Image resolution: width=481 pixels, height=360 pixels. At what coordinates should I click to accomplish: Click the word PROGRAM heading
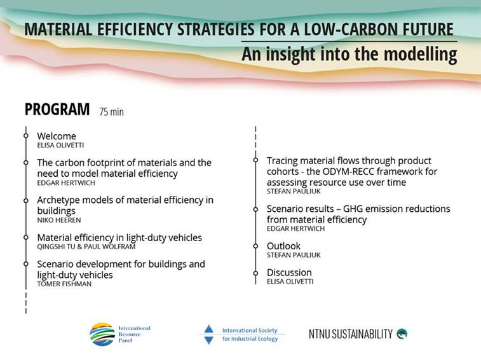pos(57,109)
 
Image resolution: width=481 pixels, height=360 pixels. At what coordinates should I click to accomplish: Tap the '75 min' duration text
pos(111,112)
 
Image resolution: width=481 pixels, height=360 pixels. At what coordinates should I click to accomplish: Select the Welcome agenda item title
pos(56,136)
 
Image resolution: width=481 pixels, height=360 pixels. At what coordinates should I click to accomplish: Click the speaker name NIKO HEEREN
pos(58,220)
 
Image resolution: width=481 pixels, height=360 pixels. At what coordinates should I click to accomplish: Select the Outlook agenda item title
pos(283,246)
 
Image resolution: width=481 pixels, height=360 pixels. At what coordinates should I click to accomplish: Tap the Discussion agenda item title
pos(289,272)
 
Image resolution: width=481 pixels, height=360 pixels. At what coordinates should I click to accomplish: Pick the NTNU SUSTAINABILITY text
pos(351,334)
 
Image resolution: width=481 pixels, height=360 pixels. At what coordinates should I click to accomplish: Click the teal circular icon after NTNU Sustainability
pos(402,333)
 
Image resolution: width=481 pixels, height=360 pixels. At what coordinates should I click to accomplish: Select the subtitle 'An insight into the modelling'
pos(349,55)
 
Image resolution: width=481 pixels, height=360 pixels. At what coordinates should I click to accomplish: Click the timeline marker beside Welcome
pos(26,136)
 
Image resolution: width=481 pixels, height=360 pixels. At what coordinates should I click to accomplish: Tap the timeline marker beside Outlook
pos(255,246)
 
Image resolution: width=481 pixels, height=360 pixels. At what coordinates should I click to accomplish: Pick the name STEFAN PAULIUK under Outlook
pos(294,255)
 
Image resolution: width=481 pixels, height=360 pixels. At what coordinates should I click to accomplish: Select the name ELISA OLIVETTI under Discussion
pos(290,281)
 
